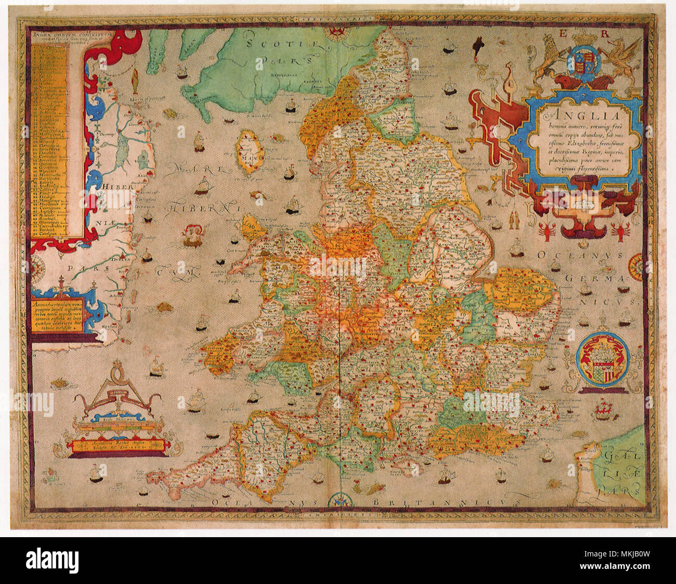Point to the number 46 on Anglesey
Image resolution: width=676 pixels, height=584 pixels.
pos(252,225)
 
